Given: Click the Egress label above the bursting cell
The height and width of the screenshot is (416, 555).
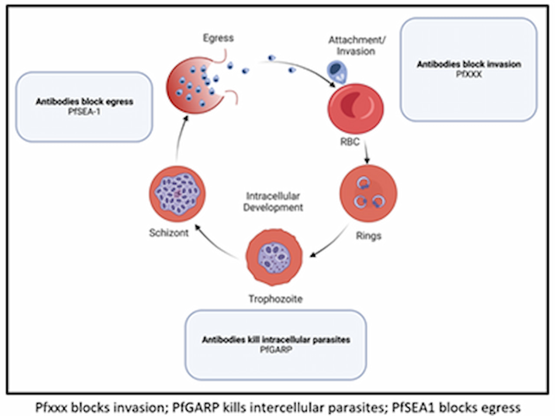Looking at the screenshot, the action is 218,38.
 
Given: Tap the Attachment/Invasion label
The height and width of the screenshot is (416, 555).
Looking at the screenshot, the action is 356,46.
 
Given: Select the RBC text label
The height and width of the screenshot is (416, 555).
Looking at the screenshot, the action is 349,142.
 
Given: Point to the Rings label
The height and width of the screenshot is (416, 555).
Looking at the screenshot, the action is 369,236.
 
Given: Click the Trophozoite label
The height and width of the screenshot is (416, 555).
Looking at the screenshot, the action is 276,299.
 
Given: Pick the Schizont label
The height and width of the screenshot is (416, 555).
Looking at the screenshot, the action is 169,233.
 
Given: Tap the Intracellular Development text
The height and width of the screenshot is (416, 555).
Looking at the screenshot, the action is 273,202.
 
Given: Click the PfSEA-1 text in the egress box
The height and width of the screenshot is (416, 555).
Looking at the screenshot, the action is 84,111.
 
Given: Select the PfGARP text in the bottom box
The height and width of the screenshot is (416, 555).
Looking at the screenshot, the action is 276,350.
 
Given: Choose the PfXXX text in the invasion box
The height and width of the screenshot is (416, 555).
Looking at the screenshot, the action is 469,74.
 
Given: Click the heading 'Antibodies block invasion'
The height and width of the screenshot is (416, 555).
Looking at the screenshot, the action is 469,64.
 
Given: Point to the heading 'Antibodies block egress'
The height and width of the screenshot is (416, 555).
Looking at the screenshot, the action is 84,102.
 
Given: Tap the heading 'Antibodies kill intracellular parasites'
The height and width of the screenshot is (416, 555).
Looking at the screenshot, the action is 276,340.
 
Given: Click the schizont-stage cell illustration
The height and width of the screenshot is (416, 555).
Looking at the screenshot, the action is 177,194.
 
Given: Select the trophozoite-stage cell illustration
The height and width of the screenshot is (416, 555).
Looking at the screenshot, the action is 274,257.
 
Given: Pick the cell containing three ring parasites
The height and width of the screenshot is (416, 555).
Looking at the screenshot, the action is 369,193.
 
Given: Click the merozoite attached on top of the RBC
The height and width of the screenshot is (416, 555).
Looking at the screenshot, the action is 337,73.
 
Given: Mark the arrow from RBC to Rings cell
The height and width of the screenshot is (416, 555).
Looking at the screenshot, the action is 366,152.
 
